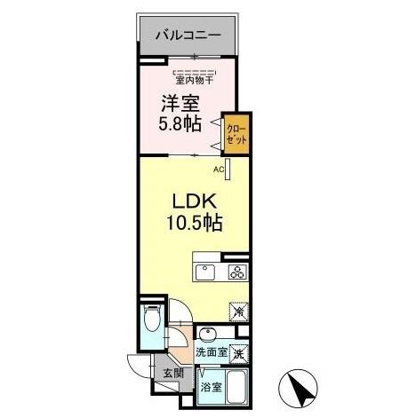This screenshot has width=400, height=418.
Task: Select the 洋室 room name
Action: tap(179, 103)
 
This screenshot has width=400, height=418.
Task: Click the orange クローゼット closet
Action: tap(237, 134)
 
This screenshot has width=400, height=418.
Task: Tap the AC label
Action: tap(218, 168)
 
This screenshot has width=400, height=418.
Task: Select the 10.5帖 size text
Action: tap(192, 223)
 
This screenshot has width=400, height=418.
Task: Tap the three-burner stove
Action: tap(236, 272)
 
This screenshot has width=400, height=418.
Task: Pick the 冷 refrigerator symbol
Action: tap(238, 312)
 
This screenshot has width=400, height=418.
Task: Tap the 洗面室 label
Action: tap(211, 354)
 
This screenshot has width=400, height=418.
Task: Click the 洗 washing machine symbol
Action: tap(238, 351)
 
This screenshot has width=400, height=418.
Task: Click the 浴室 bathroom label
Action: tap(211, 388)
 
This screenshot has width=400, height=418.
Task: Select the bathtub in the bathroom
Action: tap(236, 389)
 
